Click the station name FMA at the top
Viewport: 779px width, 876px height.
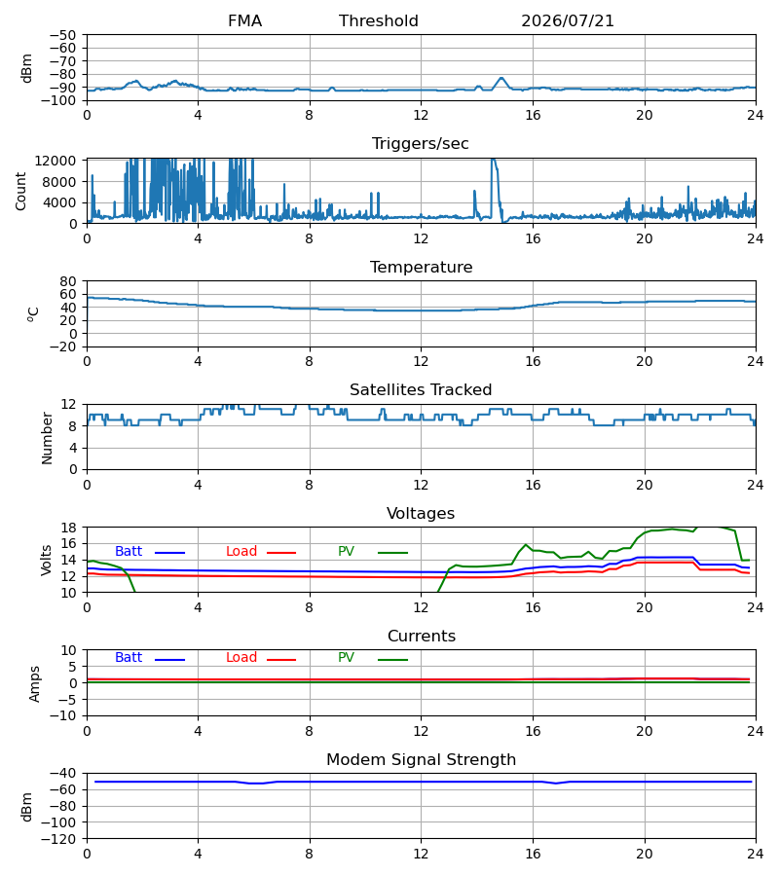[244, 21]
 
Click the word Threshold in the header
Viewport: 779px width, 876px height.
[379, 21]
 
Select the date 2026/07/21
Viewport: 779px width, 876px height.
[567, 21]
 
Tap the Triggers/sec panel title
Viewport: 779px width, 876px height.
[421, 144]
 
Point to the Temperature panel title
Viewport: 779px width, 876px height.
[421, 267]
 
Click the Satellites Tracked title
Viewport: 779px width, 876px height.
[421, 390]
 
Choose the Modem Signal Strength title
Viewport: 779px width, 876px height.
[421, 760]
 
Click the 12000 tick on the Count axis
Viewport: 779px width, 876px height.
[56, 161]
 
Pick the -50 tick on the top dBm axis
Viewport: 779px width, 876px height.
[62, 35]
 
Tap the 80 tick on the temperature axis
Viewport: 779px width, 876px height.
[68, 281]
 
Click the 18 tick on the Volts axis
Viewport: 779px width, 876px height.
[68, 528]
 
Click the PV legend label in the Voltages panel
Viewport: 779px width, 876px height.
[346, 552]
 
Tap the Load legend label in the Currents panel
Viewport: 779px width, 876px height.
[241, 658]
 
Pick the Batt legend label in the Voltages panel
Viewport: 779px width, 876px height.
[129, 552]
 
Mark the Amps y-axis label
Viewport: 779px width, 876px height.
[35, 684]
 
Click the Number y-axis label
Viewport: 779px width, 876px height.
[47, 438]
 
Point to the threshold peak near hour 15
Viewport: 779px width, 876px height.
[501, 78]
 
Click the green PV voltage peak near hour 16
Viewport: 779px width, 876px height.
[525, 545]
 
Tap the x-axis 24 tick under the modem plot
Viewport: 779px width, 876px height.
[756, 854]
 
